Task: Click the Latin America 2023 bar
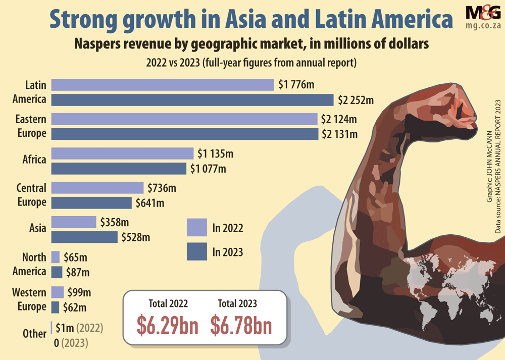(192, 100)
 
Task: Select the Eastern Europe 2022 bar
(184, 119)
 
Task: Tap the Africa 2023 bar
(119, 168)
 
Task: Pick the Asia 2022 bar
(73, 222)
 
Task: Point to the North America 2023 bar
(57, 272)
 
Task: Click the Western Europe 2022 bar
(58, 292)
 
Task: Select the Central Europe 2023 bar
(91, 202)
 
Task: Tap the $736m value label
(162, 188)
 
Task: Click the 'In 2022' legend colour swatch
(196, 228)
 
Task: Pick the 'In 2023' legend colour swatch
(196, 251)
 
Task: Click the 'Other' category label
(35, 334)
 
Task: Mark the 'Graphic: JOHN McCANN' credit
(489, 167)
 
